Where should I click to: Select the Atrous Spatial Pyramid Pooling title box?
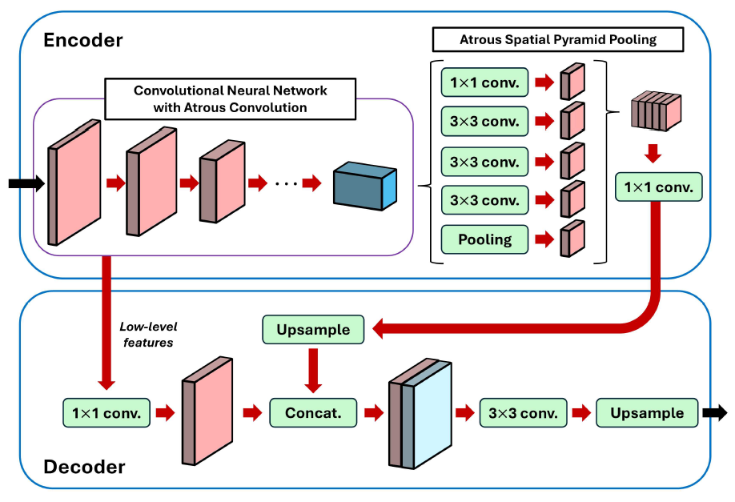click(x=558, y=39)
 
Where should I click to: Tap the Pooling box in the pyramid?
click(x=484, y=239)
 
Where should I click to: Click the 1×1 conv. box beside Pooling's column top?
click(x=484, y=82)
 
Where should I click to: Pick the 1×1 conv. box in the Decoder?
click(x=106, y=413)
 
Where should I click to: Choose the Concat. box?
click(x=312, y=413)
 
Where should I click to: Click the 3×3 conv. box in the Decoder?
click(x=524, y=413)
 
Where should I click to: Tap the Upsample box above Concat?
click(x=313, y=329)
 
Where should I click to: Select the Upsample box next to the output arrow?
click(x=647, y=413)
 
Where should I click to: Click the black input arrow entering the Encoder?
click(x=25, y=184)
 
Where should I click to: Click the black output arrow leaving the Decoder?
click(x=715, y=413)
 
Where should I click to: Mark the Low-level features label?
click(x=147, y=333)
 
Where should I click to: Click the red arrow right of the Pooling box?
click(x=544, y=239)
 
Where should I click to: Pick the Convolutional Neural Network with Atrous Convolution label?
click(x=231, y=98)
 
